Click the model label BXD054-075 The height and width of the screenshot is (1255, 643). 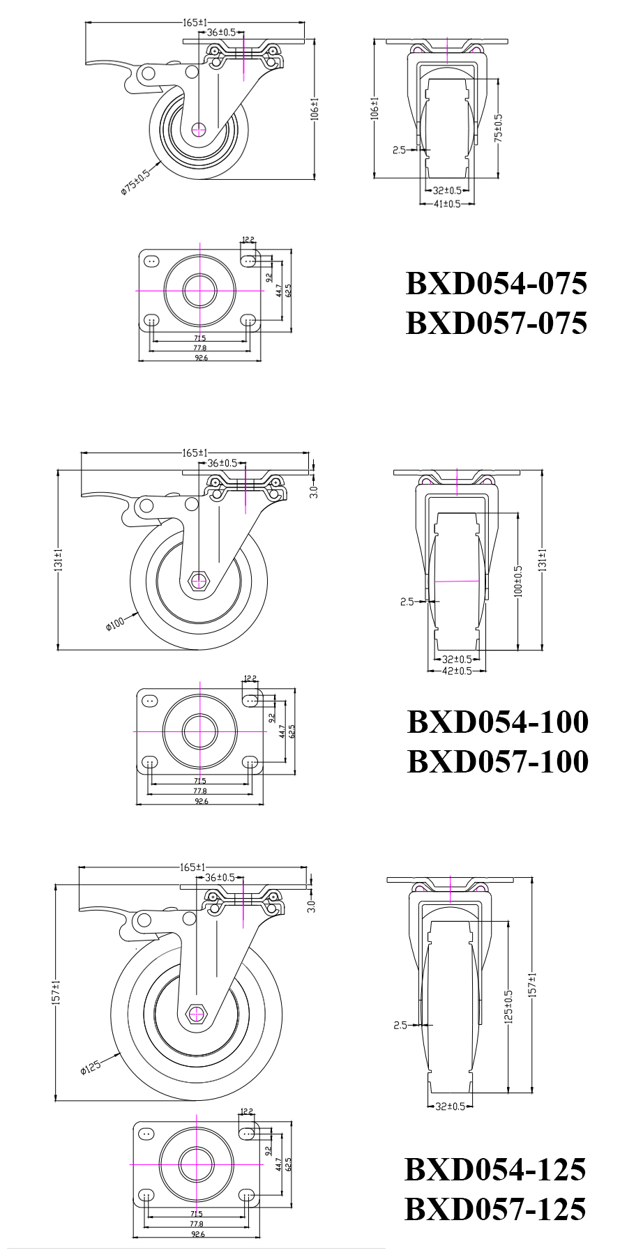coord(497,284)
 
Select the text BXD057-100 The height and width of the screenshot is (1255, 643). coord(497,761)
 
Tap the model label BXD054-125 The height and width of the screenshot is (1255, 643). coord(495,1169)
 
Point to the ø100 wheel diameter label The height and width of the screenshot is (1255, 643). coord(115,623)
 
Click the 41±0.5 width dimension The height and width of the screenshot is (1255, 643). coord(446,204)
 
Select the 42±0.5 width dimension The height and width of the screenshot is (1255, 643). coord(457,671)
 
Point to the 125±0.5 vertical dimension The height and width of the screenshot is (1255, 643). coord(508,1006)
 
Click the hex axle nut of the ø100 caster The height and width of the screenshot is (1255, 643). coord(199,580)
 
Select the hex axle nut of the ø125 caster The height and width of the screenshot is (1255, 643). coord(197,1014)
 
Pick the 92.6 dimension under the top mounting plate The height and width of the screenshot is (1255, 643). coord(201,358)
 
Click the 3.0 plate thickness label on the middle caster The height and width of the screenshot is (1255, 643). coord(314,492)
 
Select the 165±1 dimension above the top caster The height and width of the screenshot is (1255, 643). coord(195,22)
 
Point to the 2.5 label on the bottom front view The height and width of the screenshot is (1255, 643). coord(400,1025)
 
